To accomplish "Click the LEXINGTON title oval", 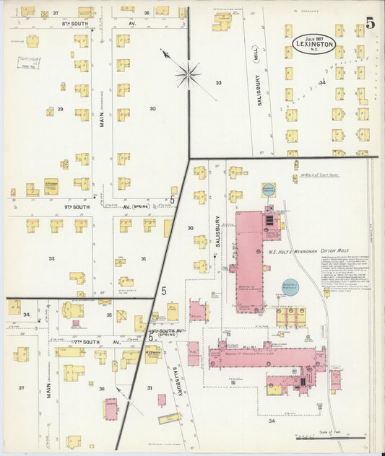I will click(313, 44).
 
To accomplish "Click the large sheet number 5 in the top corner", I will click(370, 22).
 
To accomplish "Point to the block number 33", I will click(217, 83).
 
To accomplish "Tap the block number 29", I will click(61, 109).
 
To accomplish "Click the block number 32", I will click(51, 258).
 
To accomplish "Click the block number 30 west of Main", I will click(152, 109).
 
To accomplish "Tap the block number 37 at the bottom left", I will click(21, 387).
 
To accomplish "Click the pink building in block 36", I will click(111, 409).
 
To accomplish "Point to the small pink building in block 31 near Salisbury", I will click(162, 400).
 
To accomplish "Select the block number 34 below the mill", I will click(272, 421).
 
